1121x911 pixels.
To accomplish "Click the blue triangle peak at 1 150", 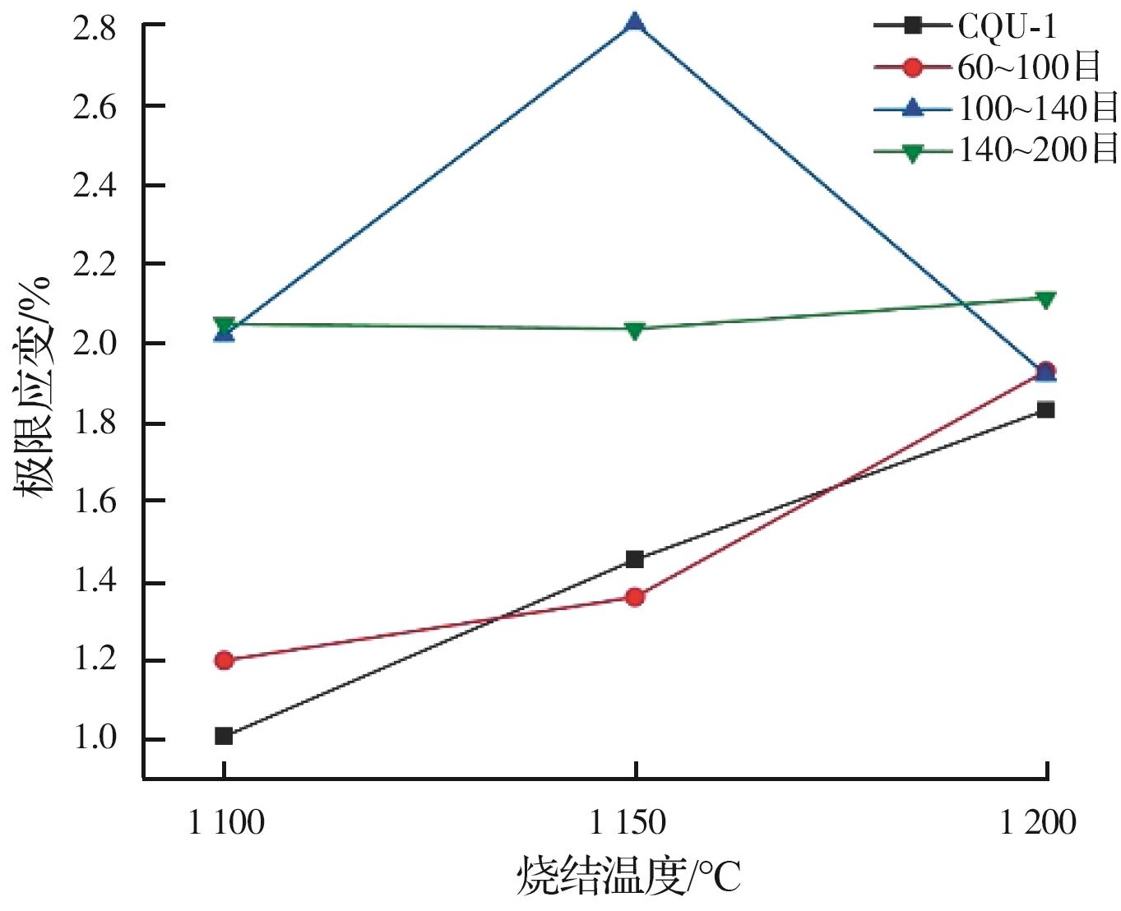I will pyautogui.click(x=634, y=22).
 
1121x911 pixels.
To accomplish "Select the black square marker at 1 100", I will pyautogui.click(x=224, y=736).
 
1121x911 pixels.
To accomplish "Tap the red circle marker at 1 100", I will pyautogui.click(x=224, y=660).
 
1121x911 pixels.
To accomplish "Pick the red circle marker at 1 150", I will pyautogui.click(x=634, y=597).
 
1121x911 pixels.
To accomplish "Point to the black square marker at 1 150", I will pyautogui.click(x=634, y=560).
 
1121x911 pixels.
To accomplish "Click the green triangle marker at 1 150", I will pyautogui.click(x=634, y=331).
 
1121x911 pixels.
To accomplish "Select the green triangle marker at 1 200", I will pyautogui.click(x=1045, y=299).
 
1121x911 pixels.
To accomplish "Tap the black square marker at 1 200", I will pyautogui.click(x=1045, y=409).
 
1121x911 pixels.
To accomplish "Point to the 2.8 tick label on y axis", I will pyautogui.click(x=95, y=28).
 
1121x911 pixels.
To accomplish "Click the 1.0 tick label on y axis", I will pyautogui.click(x=95, y=738).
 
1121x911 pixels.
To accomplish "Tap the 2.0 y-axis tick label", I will pyautogui.click(x=95, y=343).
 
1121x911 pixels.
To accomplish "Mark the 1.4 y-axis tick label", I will pyautogui.click(x=95, y=581).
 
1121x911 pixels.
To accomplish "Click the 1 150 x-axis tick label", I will pyautogui.click(x=629, y=822).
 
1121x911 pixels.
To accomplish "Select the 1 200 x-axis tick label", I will pyautogui.click(x=1038, y=822).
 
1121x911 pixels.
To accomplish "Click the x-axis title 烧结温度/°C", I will pyautogui.click(x=629, y=876).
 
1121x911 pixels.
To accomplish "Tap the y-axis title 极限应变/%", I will pyautogui.click(x=33, y=386).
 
